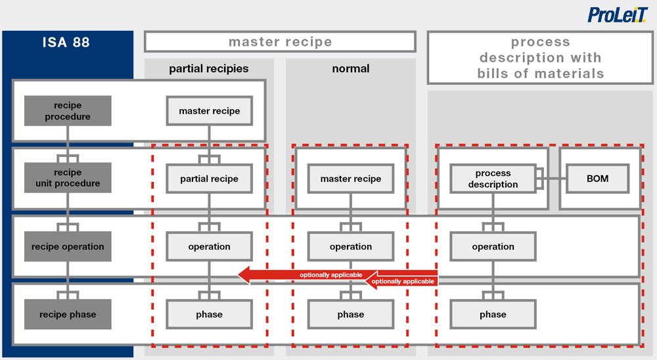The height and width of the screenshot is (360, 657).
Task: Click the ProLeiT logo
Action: [618, 15]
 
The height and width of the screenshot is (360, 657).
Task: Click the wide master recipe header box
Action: [280, 42]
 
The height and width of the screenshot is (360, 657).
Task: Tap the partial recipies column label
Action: [209, 68]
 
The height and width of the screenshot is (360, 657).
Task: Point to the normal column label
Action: [351, 68]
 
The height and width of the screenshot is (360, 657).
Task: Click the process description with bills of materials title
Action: [540, 58]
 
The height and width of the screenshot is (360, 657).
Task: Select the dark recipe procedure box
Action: [68, 111]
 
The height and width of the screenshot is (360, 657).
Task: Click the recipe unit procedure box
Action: [68, 178]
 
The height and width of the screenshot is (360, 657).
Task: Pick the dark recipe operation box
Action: [68, 246]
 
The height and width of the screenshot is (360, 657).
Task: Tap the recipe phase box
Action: [68, 314]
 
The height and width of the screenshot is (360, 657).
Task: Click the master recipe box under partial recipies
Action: [209, 111]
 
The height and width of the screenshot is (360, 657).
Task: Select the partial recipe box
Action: [209, 179]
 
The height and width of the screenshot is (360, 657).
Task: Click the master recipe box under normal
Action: [351, 179]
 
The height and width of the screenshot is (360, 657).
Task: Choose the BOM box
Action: [597, 178]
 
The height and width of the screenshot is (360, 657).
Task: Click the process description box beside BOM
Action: [493, 179]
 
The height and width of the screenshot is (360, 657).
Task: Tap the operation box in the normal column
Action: [351, 246]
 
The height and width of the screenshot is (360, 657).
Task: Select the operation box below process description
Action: [493, 246]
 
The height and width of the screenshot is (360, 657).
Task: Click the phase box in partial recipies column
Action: [209, 314]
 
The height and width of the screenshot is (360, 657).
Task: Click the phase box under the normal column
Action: [351, 314]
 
